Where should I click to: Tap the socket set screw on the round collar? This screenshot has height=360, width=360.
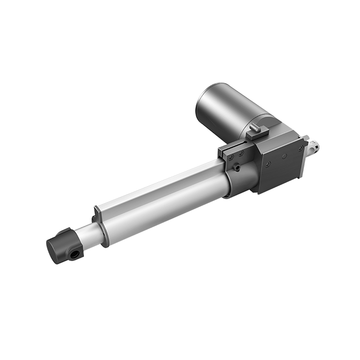[x=237, y=167]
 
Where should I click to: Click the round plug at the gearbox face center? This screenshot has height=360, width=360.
[x=284, y=155]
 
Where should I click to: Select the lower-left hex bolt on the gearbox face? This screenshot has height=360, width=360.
[x=268, y=164]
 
